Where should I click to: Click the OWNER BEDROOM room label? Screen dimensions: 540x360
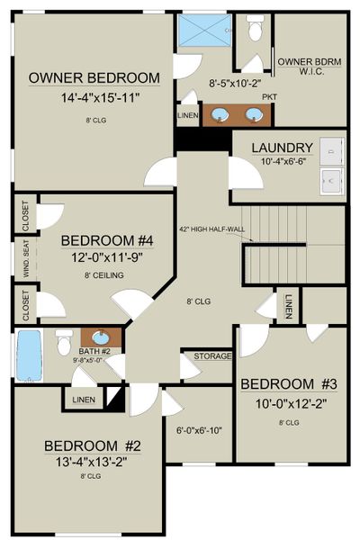[x=94, y=78]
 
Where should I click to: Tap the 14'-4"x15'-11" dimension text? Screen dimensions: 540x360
[x=94, y=98]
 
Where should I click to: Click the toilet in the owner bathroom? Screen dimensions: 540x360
[x=254, y=31]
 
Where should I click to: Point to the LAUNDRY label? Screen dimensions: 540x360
[x=283, y=148]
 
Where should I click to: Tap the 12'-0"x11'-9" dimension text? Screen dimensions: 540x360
[x=101, y=257]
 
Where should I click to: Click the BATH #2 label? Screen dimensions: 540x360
[x=93, y=350]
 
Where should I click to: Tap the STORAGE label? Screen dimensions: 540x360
[x=212, y=356]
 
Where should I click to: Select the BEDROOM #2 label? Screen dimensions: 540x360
[x=94, y=445]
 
